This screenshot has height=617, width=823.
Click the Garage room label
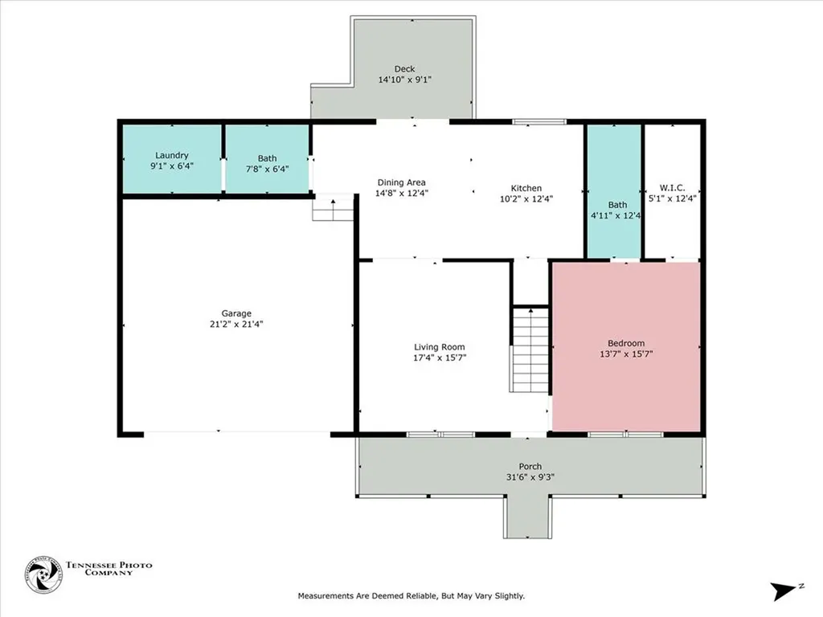click(237, 313)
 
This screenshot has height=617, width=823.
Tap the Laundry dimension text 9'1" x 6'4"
click(172, 165)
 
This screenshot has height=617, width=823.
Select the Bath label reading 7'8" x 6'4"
click(267, 169)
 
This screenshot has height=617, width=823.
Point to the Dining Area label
click(400, 182)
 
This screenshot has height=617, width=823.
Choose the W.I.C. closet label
click(672, 188)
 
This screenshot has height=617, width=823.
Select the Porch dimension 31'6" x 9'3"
click(530, 476)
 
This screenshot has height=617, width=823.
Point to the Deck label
click(404, 69)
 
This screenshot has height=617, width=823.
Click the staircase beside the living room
click(530, 352)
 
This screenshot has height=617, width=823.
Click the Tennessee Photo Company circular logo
click(43, 575)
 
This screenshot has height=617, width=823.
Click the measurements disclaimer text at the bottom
click(411, 596)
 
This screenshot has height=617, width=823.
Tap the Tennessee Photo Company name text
click(109, 570)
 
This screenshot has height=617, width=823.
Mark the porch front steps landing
click(528, 516)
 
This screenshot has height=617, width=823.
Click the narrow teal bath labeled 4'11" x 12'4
click(613, 191)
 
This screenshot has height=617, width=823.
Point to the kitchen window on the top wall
click(539, 122)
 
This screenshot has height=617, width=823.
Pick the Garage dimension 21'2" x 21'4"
click(237, 324)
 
